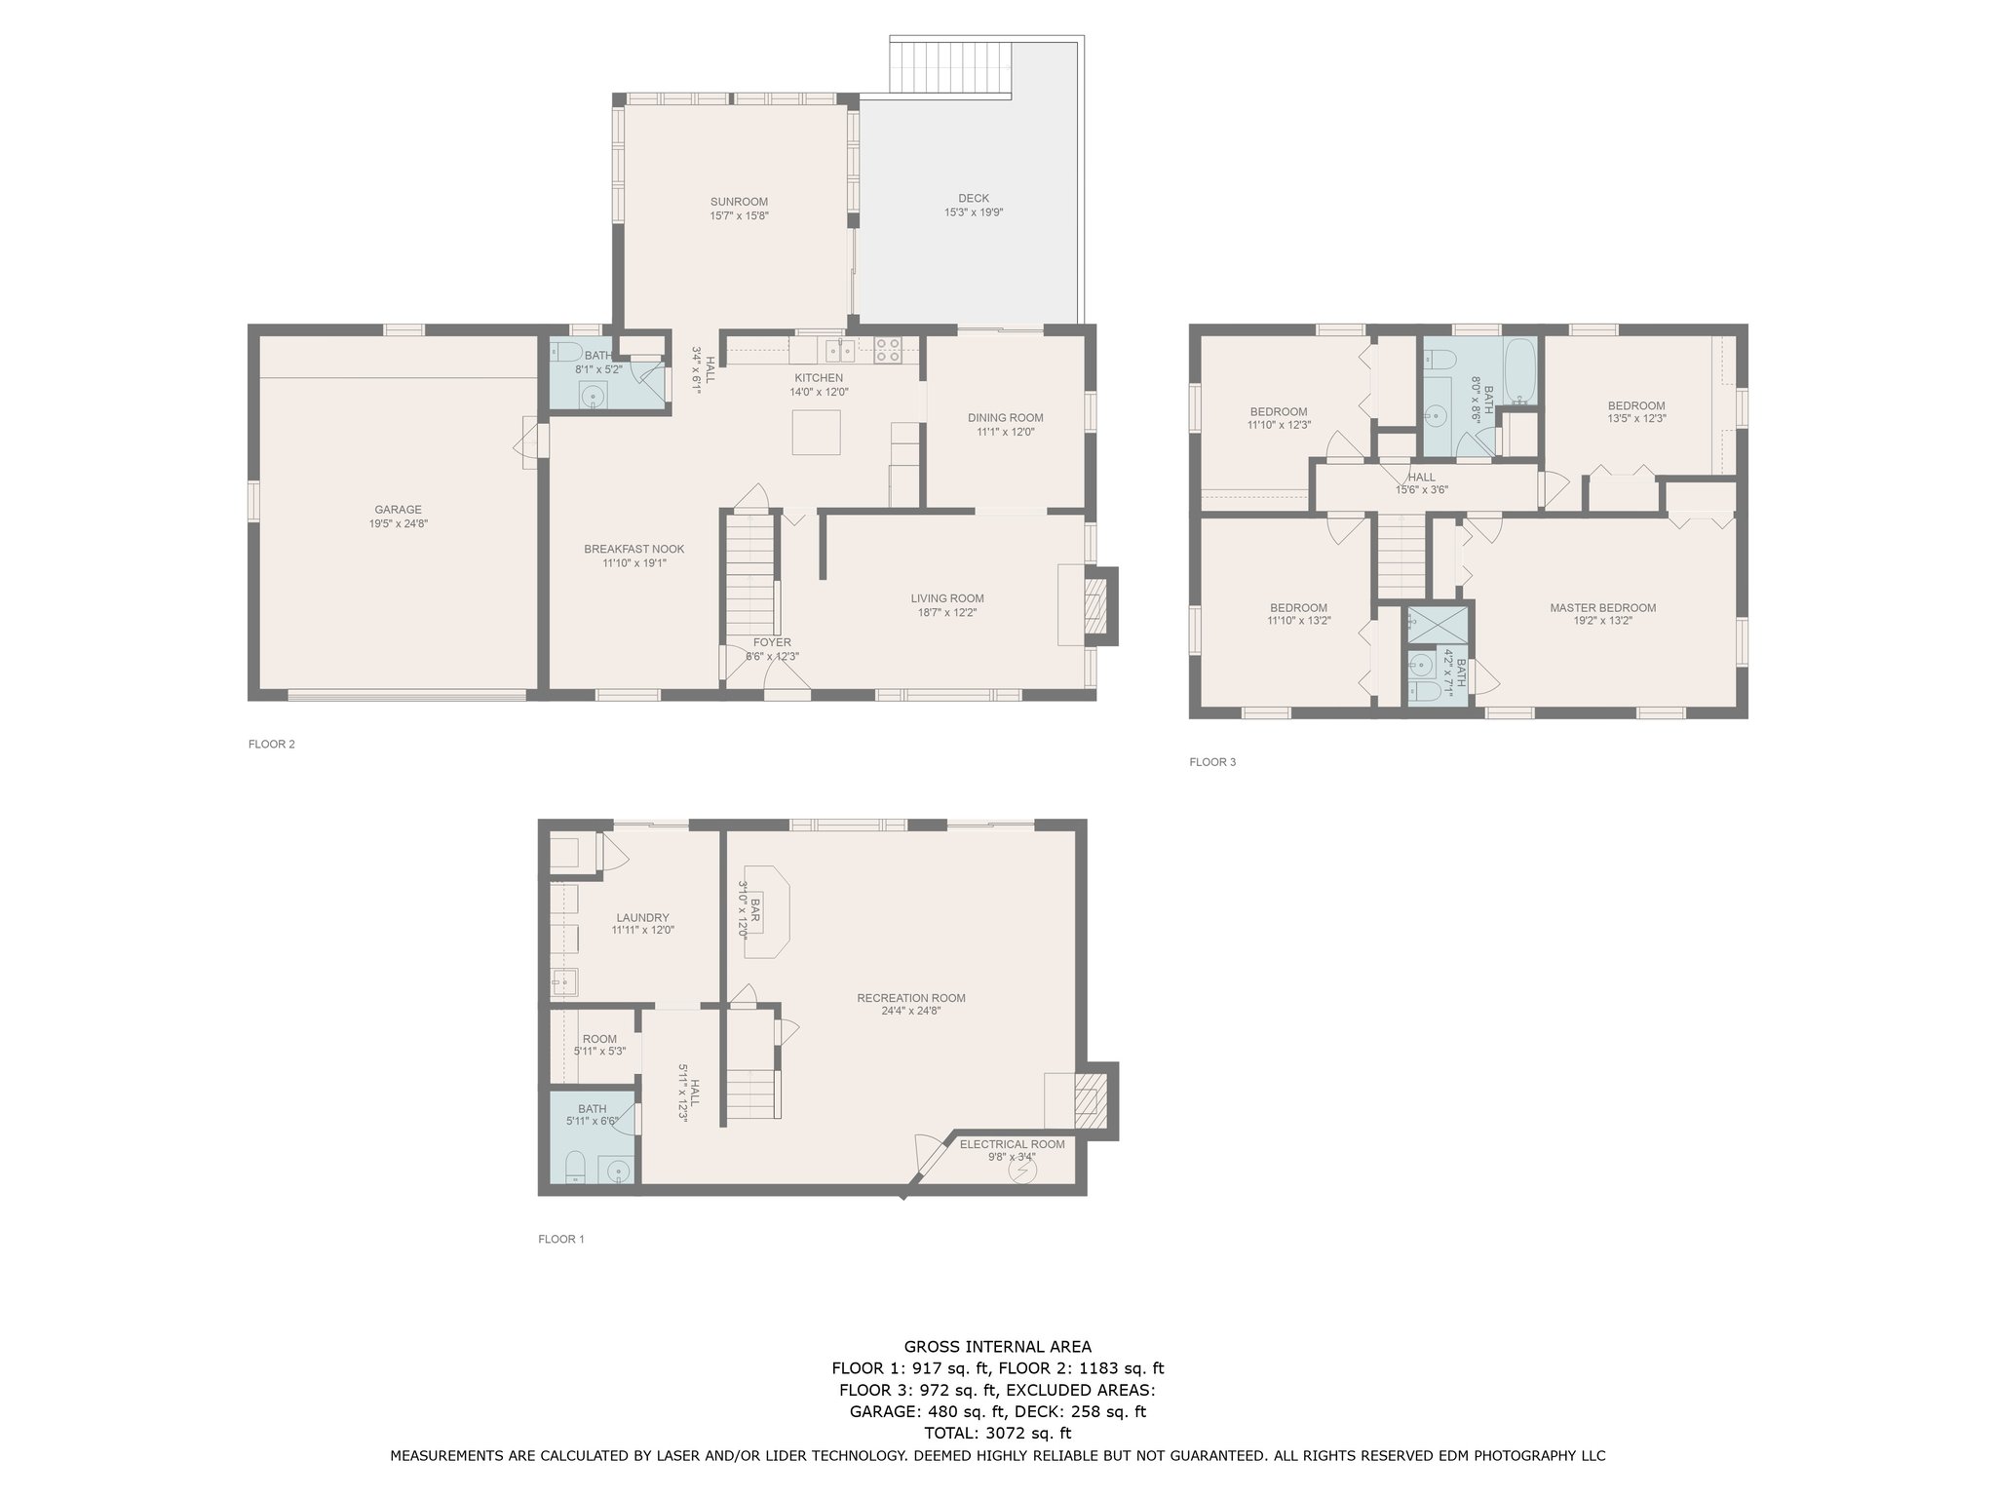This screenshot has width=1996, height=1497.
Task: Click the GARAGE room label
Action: [398, 509]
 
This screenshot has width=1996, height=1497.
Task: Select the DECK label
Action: [973, 198]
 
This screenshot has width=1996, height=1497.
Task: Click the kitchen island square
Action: [816, 433]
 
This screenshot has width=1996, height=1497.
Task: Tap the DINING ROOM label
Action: [1005, 417]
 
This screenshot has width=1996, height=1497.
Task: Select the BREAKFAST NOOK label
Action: [633, 549]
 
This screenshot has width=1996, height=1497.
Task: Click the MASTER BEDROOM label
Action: [1602, 607]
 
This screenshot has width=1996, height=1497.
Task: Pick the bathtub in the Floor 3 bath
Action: [1519, 370]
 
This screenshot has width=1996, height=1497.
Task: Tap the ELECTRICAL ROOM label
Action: [1012, 1143]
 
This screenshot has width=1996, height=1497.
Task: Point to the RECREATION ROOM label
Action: [910, 997]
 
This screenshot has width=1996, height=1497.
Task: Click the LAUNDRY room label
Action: [642, 917]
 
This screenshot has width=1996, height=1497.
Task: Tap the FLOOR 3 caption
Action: [1211, 761]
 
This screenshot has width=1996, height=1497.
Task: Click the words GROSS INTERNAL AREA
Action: [997, 1347]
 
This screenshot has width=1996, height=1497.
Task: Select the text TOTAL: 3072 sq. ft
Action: [997, 1433]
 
